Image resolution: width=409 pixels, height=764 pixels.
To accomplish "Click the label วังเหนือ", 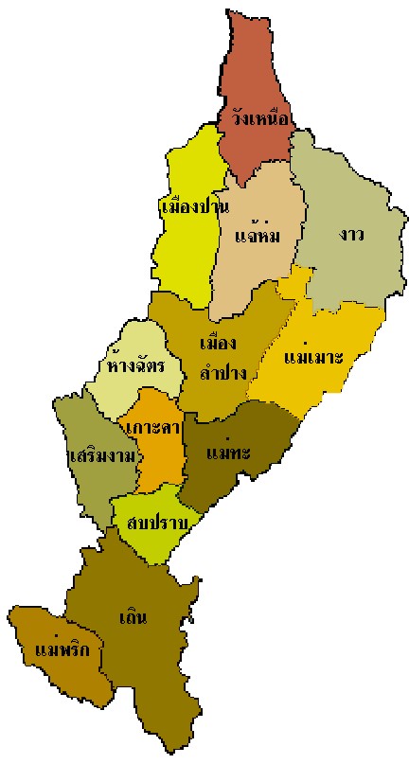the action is (259, 120).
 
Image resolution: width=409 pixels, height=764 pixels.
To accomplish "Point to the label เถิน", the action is (134, 619).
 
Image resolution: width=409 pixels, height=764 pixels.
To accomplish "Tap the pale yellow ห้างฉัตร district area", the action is (142, 341).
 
